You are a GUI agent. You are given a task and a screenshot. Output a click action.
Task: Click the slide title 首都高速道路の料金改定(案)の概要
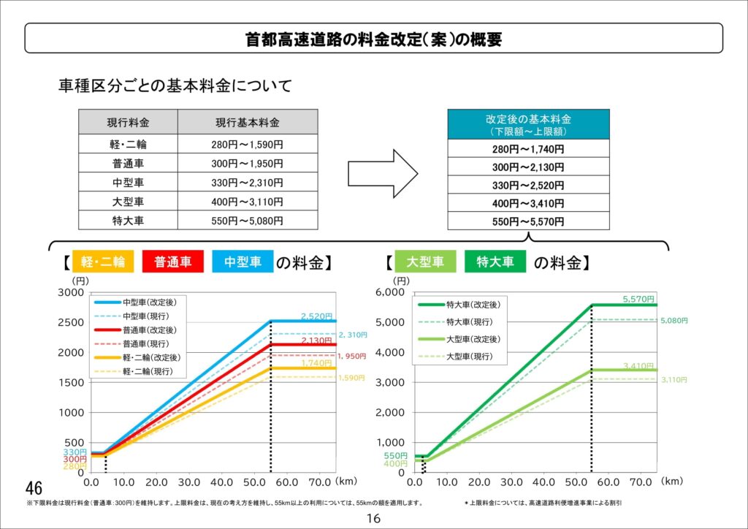click(373, 39)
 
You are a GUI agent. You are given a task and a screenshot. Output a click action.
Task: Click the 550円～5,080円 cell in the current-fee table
click(247, 220)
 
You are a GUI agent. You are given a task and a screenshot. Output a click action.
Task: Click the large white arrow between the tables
click(381, 173)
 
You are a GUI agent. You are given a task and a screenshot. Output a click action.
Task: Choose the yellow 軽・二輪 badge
click(103, 262)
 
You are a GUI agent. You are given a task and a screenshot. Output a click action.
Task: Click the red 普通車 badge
click(172, 262)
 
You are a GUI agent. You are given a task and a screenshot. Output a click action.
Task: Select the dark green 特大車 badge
click(495, 262)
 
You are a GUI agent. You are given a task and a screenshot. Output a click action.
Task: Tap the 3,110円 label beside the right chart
click(673, 380)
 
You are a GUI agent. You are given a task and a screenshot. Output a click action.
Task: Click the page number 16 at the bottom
click(373, 518)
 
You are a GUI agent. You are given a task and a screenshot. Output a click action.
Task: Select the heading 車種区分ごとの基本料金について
click(175, 86)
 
